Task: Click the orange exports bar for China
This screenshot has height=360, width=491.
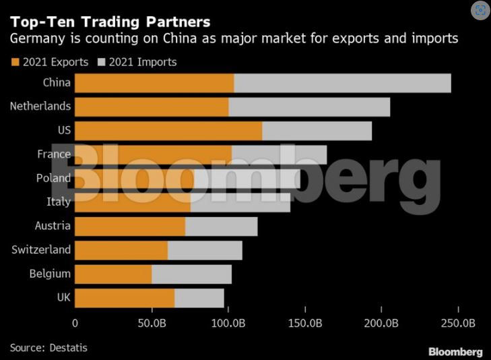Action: (154, 83)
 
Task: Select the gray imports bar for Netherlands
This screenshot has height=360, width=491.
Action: (309, 107)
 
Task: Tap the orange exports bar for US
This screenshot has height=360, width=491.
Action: (168, 131)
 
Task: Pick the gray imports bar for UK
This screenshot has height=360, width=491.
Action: (199, 298)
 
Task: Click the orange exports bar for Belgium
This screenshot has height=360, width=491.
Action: (113, 274)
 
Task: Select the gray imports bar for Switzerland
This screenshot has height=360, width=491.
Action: (205, 250)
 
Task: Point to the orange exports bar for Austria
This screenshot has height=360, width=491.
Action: (130, 227)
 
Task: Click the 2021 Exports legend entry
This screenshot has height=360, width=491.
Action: (49, 62)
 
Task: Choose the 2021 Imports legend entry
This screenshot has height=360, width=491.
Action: (137, 62)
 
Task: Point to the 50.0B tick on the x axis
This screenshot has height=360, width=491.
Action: (152, 324)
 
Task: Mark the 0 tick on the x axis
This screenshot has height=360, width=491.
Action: (75, 324)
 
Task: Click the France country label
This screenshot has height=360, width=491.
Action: (54, 154)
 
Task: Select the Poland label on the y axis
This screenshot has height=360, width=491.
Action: (53, 178)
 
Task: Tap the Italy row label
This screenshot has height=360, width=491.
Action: (58, 202)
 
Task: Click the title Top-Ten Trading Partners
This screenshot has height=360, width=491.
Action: (110, 22)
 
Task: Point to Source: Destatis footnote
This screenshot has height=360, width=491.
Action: (48, 348)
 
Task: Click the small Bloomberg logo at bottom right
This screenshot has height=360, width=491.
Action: (455, 352)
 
